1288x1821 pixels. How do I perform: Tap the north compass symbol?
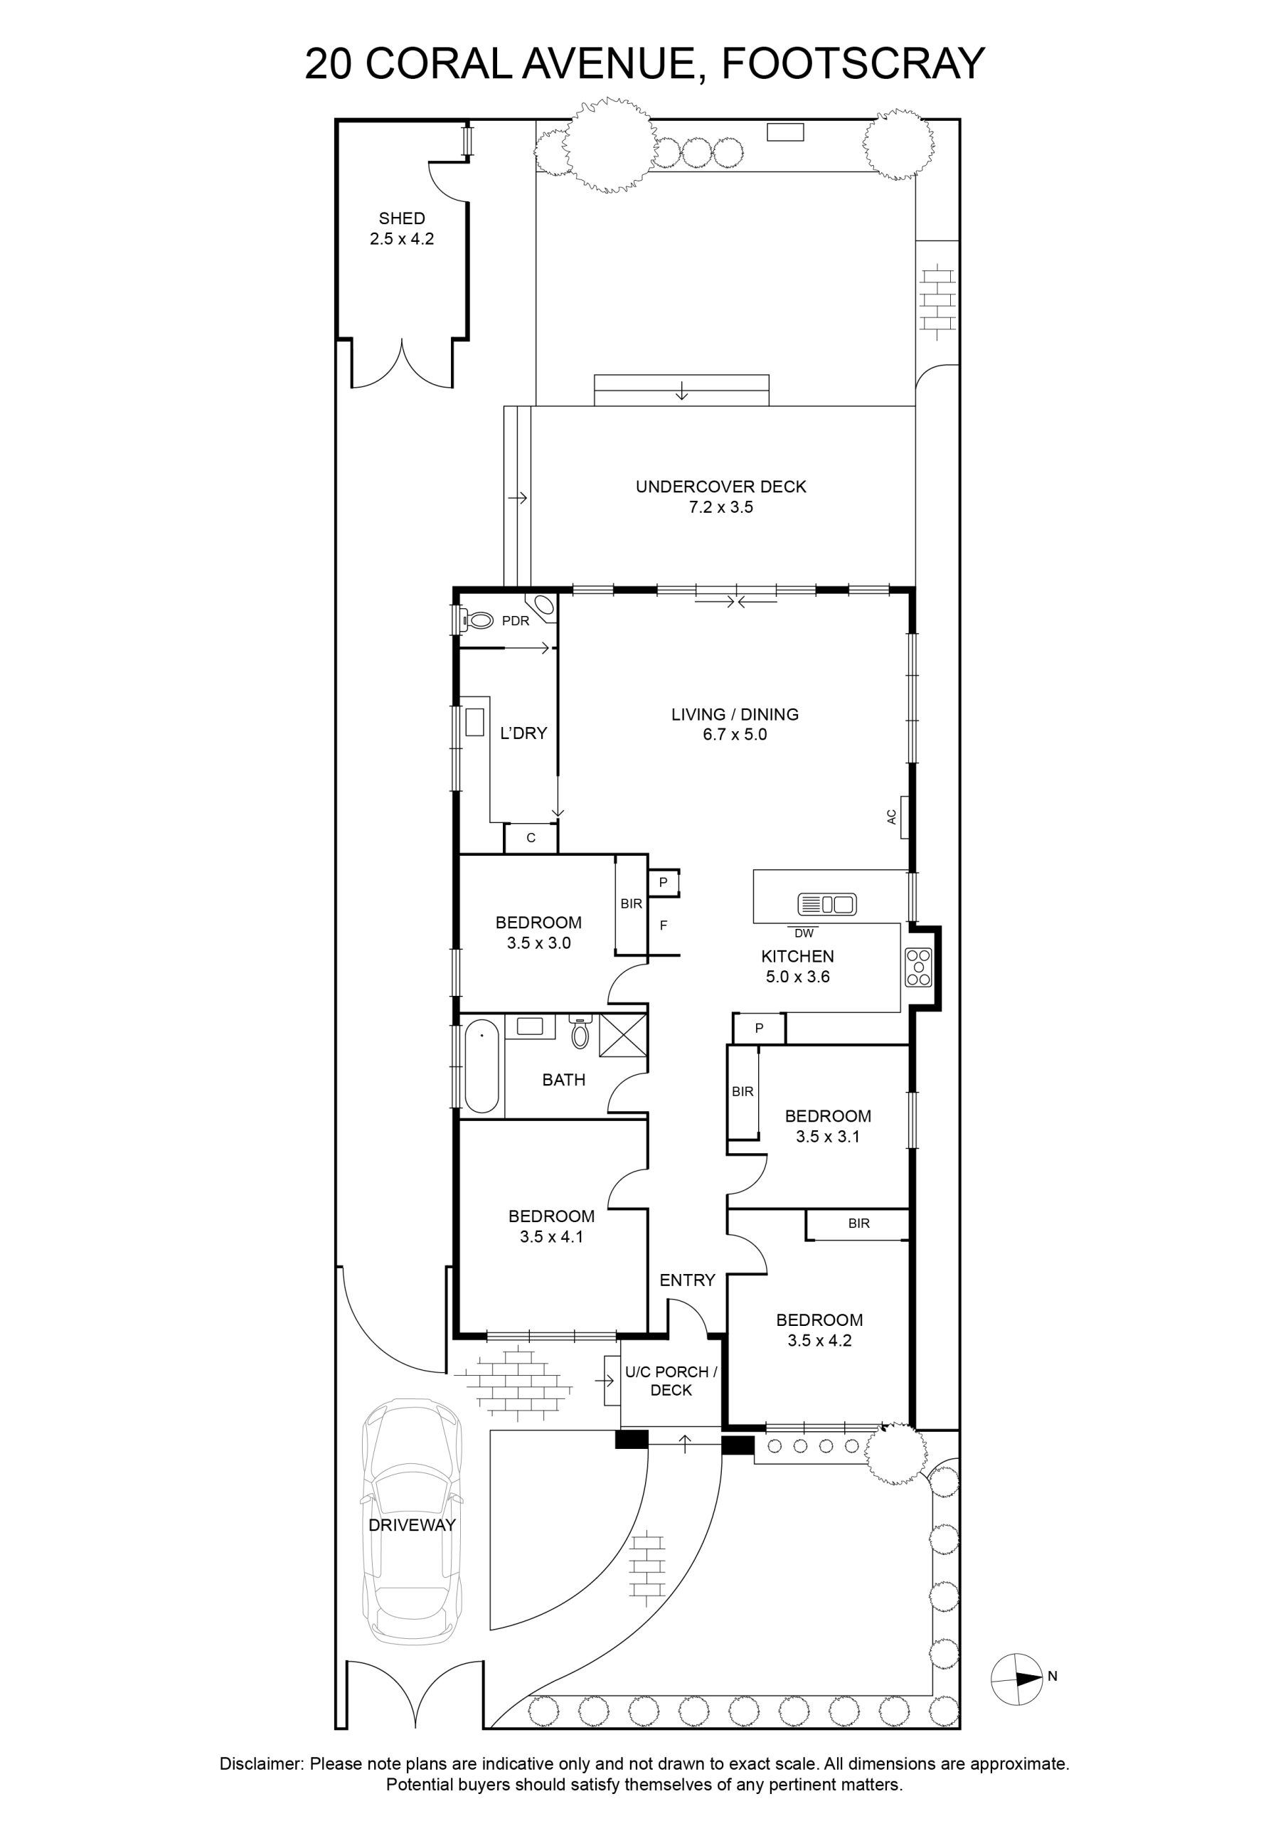pos(1018,1678)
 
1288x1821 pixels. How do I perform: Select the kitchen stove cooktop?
pos(918,967)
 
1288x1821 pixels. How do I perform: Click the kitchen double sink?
pos(827,903)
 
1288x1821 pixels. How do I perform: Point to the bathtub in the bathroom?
pos(481,1068)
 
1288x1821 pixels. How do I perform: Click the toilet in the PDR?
pos(475,620)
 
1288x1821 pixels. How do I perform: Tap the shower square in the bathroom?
pos(622,1035)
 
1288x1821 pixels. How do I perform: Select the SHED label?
pos(402,218)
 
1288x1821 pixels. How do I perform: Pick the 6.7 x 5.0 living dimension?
pos(735,734)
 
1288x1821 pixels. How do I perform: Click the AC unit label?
pos(891,816)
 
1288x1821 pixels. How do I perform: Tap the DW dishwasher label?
pos(804,933)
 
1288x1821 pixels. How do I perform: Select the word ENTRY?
pos(688,1279)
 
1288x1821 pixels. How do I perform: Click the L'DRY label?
pos(523,733)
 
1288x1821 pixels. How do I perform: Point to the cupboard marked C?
pos(531,837)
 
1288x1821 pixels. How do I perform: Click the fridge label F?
pos(664,925)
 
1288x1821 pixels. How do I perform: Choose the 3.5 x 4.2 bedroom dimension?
pos(819,1340)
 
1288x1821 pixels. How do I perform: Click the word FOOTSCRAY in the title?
pos(853,63)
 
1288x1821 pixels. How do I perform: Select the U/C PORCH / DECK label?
pos(671,1381)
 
